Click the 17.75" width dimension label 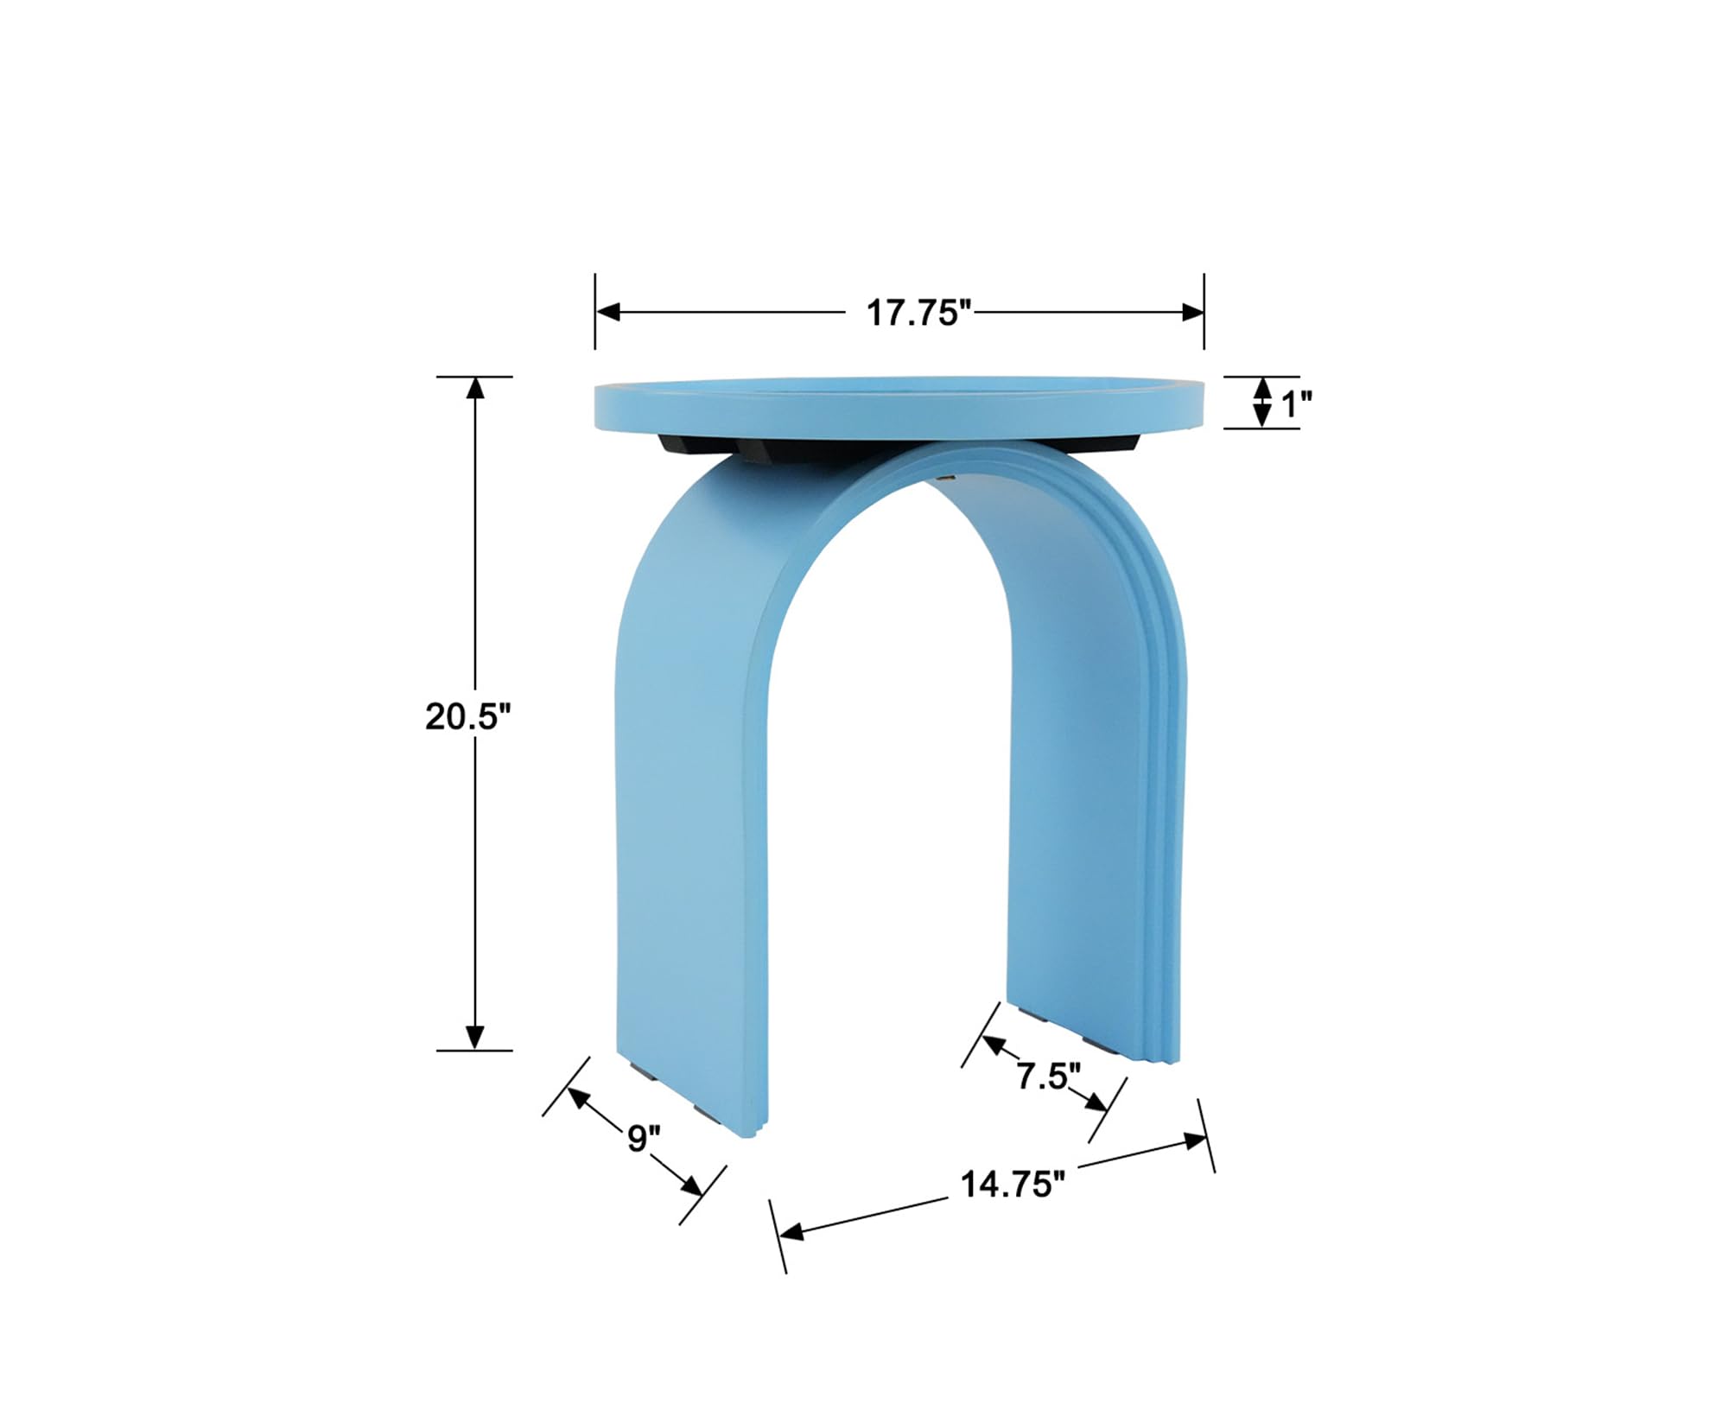pos(918,313)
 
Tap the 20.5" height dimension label pos(467,716)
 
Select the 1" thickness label pos(1296,403)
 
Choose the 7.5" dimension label pos(1048,1077)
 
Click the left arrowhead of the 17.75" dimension pos(607,312)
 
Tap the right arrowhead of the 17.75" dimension pos(1192,312)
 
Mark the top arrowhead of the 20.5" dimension pos(474,388)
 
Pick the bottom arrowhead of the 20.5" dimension pos(474,1037)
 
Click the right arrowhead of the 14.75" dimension pos(1197,1141)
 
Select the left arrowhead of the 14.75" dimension pos(791,1232)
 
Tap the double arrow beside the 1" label pos(1262,403)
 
